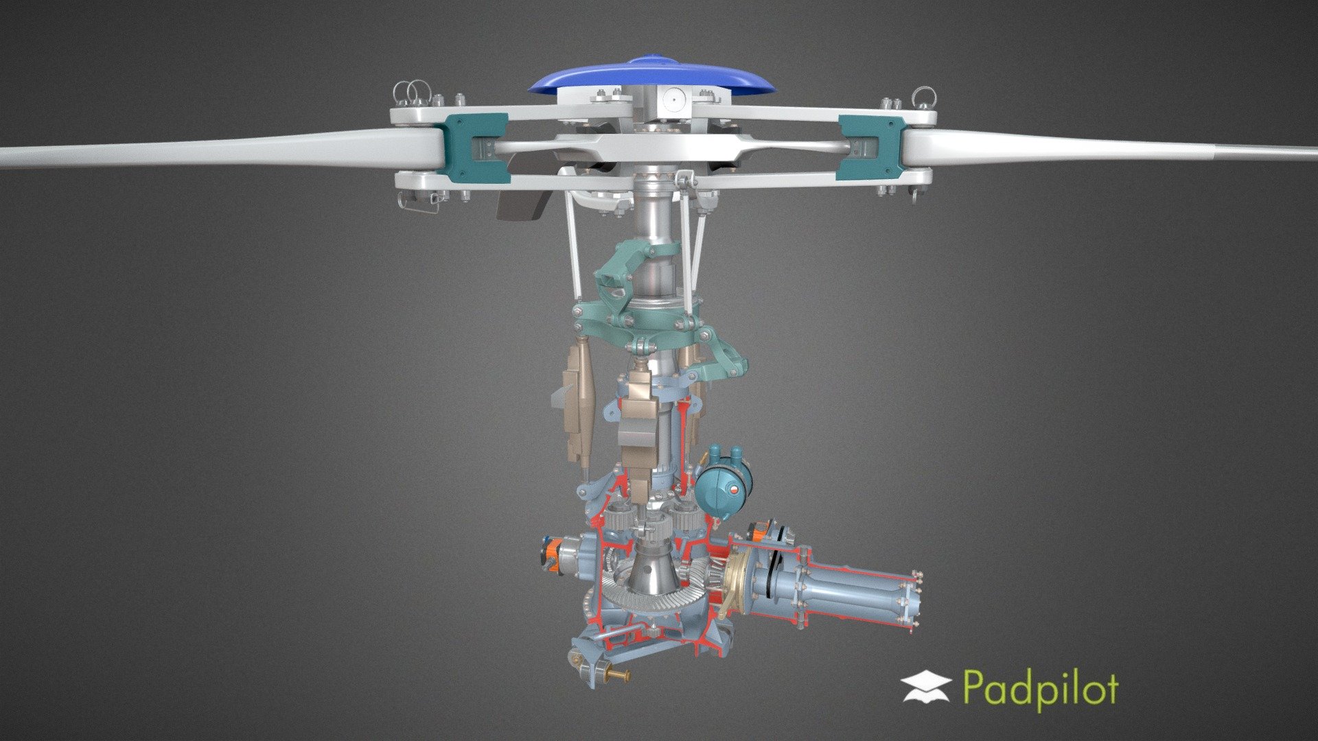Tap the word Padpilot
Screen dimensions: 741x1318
pos(1040,688)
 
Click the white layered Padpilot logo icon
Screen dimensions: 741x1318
pos(926,687)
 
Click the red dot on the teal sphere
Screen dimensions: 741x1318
pos(735,490)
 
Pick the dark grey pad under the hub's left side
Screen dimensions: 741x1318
pos(522,205)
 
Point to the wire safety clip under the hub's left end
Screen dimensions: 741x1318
pos(419,202)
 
